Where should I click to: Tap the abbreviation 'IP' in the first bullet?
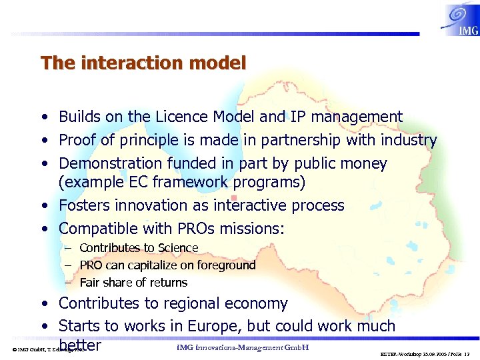click(x=298, y=117)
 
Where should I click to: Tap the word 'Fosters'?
click(x=85, y=205)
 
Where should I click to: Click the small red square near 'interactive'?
click(x=233, y=197)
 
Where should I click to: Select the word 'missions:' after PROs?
click(x=252, y=229)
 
